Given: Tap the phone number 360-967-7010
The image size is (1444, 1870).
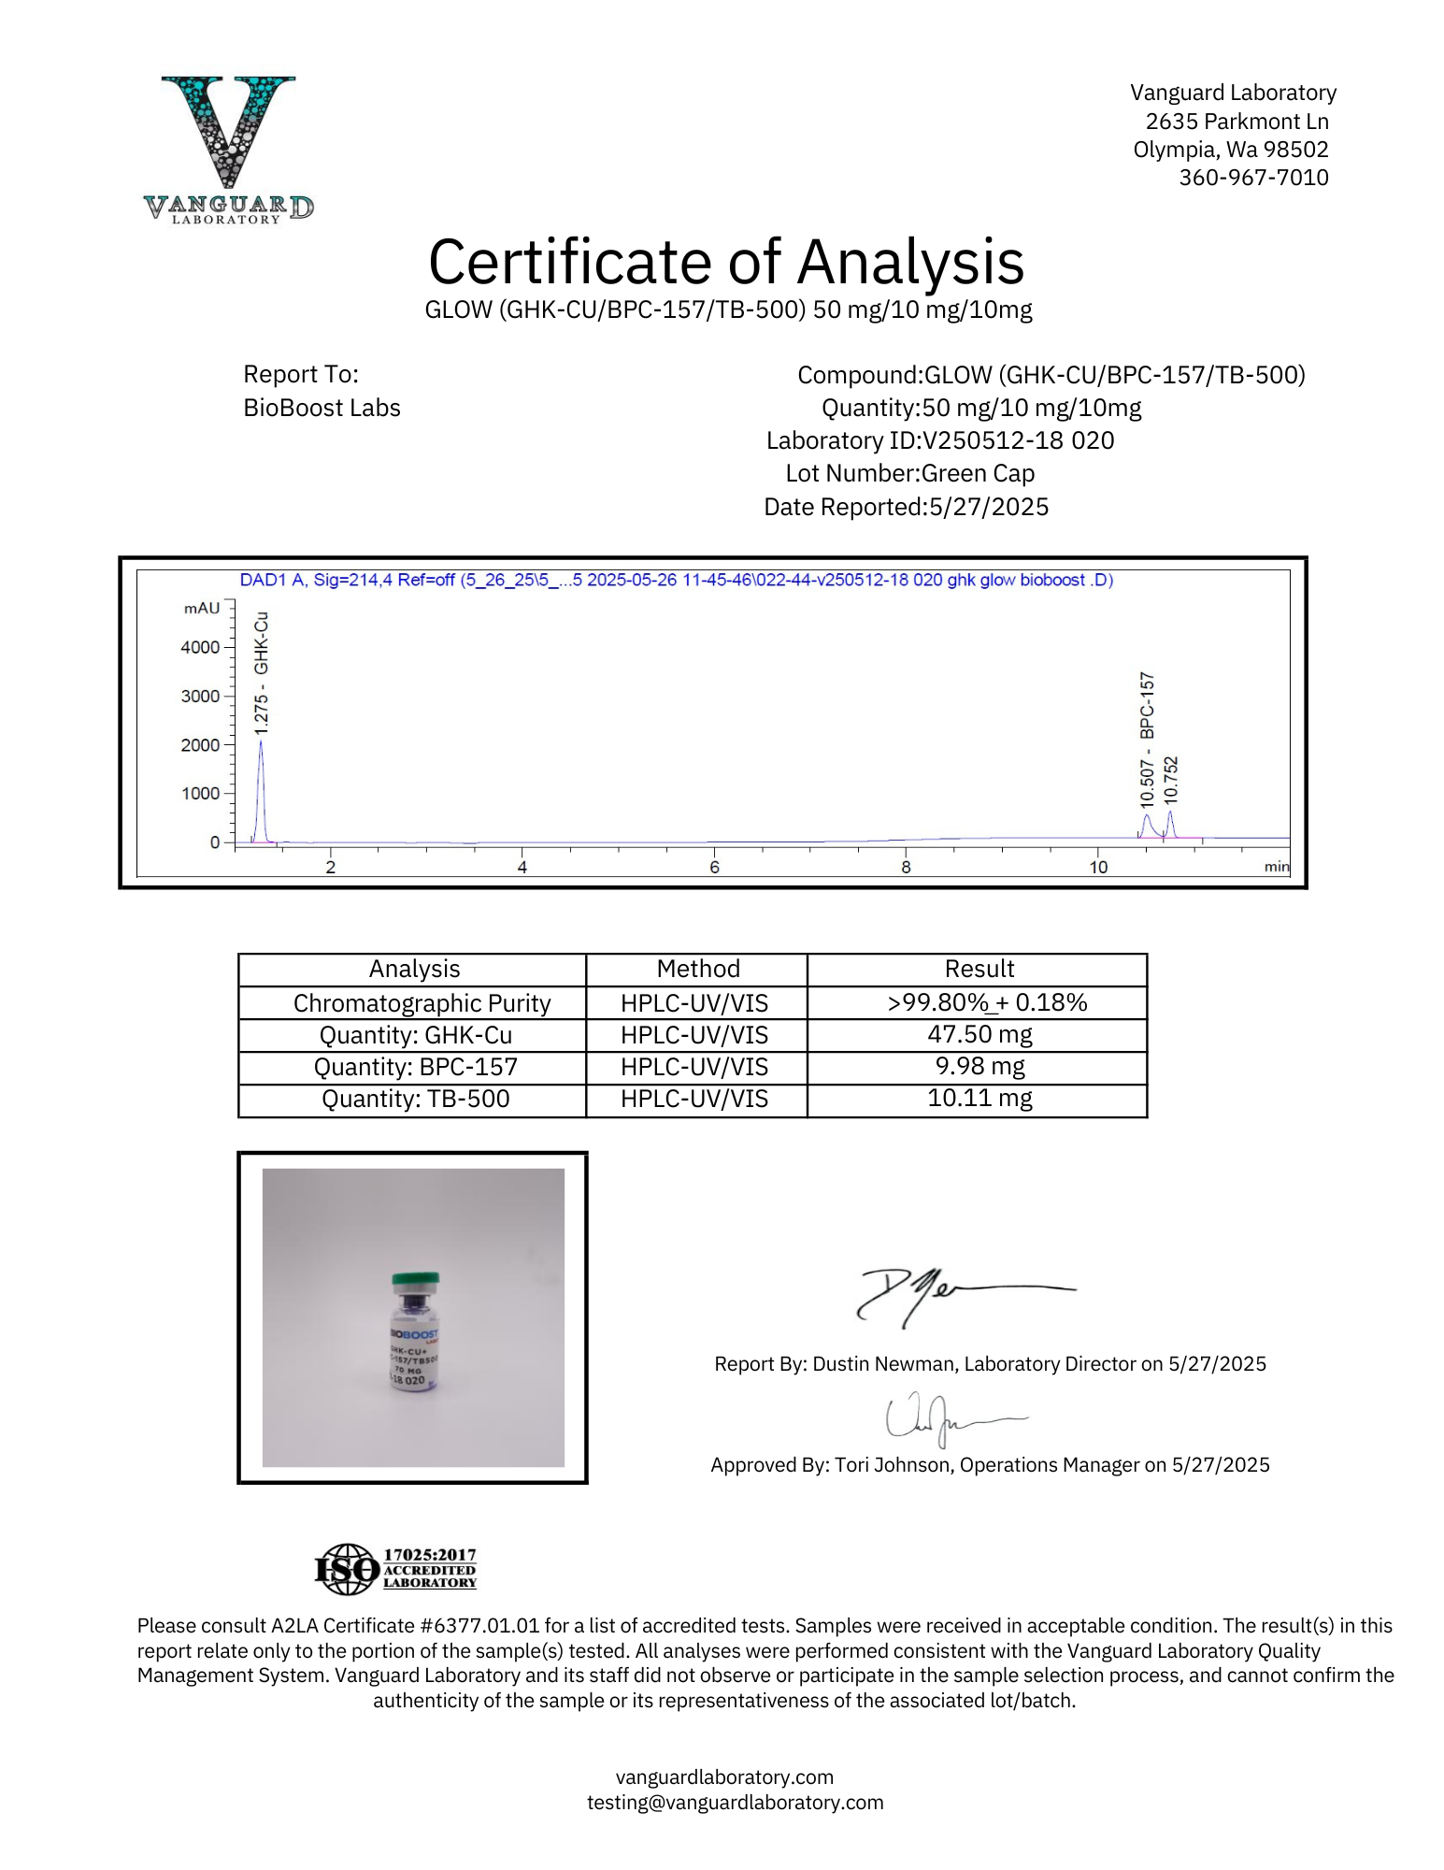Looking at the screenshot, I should click(x=1252, y=178).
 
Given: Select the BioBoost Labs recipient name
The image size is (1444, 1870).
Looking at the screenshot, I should click(x=322, y=409).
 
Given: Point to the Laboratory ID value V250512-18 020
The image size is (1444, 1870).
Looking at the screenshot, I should click(x=1018, y=440).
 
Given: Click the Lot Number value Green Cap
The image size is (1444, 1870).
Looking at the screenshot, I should click(x=978, y=473).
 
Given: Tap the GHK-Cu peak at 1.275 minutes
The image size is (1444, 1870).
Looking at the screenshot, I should click(x=262, y=785).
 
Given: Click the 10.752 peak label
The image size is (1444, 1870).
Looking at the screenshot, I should click(x=1171, y=781).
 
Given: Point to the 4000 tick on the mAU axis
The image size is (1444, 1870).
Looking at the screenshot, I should click(x=200, y=647).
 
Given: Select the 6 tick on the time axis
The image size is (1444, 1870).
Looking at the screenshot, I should click(x=714, y=868).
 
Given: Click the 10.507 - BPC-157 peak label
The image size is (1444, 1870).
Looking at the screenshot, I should click(x=1147, y=739).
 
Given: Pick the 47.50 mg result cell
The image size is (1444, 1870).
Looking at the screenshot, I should click(x=979, y=1034).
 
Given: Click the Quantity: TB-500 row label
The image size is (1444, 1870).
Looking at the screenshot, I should click(x=415, y=1099).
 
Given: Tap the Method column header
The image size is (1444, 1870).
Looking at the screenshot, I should click(x=697, y=969).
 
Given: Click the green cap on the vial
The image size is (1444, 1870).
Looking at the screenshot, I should click(x=415, y=1279).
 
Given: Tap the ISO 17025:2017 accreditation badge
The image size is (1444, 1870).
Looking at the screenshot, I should click(x=395, y=1569).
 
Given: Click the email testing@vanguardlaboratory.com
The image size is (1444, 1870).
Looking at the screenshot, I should click(x=735, y=1802).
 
